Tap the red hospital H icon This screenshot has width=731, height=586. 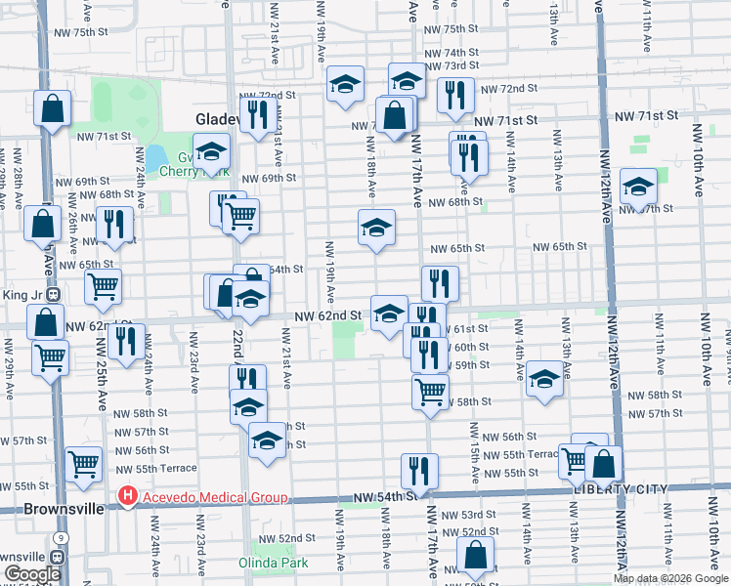[x=127, y=498]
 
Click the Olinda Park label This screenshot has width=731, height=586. [x=274, y=563]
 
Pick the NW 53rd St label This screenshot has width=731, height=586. [x=479, y=515]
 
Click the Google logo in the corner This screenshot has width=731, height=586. [x=31, y=574]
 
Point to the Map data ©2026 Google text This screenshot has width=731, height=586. [x=670, y=578]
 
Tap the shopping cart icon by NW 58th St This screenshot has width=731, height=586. [x=430, y=392]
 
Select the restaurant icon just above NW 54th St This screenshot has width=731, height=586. [x=419, y=471]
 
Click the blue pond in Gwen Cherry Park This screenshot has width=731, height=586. [x=154, y=157]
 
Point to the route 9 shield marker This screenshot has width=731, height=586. [x=61, y=538]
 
